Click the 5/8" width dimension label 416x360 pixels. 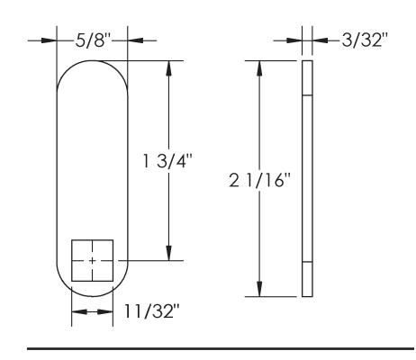point(94,40)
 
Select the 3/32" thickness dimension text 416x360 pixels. point(365,40)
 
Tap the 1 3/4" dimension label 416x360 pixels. point(167,161)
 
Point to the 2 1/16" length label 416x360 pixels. point(260,180)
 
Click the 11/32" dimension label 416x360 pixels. point(151,311)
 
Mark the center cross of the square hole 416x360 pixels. point(93,260)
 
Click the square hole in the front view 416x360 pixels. point(93,260)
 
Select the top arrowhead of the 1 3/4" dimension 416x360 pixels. point(169,68)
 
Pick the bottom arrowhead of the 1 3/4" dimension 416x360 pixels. point(169,253)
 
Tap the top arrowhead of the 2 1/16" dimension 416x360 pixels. point(260,68)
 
